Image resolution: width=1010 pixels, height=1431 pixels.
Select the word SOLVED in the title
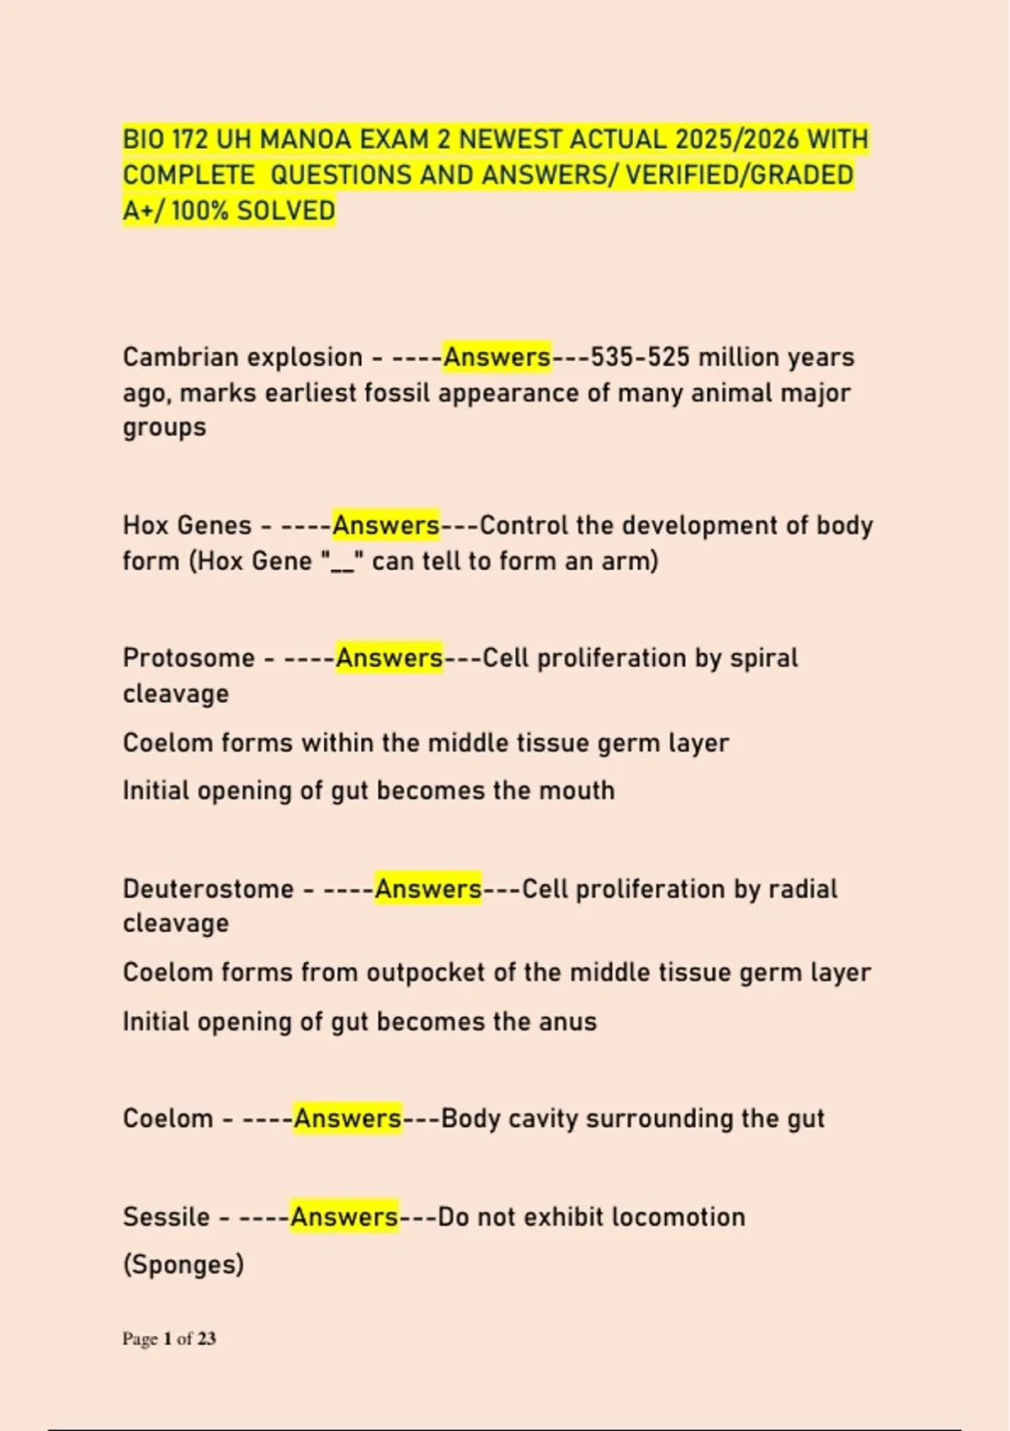pyautogui.click(x=286, y=210)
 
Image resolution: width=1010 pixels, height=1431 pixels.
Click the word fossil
pyautogui.click(x=396, y=393)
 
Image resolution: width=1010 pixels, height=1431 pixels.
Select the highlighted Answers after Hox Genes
pyautogui.click(x=385, y=525)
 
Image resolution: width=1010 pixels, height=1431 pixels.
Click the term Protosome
pyautogui.click(x=189, y=657)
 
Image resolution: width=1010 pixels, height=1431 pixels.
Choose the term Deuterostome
pyautogui.click(x=208, y=889)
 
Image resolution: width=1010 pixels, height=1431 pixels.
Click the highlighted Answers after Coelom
pyautogui.click(x=348, y=1119)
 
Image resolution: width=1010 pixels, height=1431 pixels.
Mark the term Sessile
pyautogui.click(x=166, y=1217)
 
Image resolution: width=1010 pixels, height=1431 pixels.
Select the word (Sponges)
pyautogui.click(x=183, y=1264)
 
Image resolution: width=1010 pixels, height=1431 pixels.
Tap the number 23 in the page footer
pyautogui.click(x=207, y=1338)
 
